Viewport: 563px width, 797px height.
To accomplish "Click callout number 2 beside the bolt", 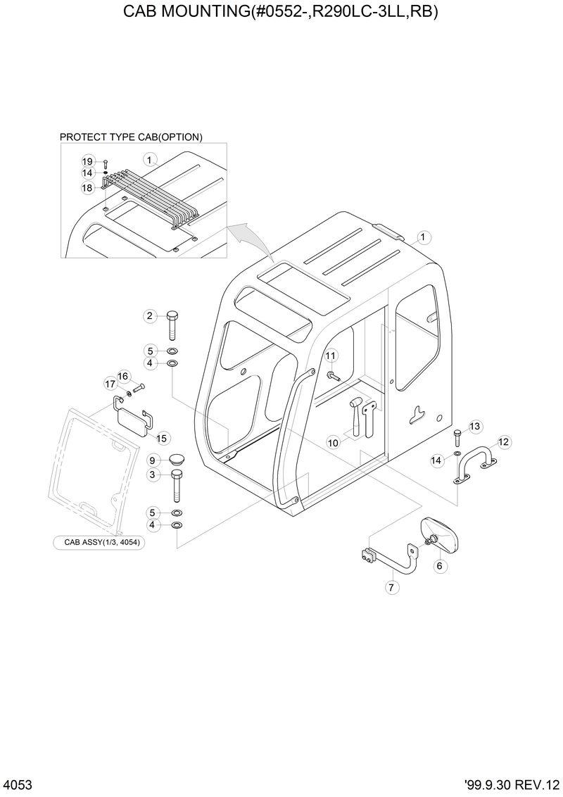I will [x=150, y=316].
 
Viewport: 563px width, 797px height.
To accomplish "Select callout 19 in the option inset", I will [x=87, y=161].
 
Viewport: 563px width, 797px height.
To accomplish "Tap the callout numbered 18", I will [x=87, y=188].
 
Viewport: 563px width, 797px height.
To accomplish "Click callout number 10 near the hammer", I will [x=333, y=442].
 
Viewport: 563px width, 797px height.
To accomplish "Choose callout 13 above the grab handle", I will [x=474, y=426].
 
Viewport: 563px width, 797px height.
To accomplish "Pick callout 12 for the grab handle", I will [x=503, y=442].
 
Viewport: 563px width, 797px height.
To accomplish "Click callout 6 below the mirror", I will [x=440, y=565].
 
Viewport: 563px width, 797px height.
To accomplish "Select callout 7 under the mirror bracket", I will [x=393, y=586].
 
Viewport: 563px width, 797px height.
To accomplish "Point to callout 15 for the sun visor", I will [x=162, y=438].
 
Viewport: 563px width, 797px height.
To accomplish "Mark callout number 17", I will [x=110, y=384].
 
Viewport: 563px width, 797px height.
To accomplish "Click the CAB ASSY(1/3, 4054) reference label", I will [x=99, y=543].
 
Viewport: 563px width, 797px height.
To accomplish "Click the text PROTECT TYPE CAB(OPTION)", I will [x=131, y=137].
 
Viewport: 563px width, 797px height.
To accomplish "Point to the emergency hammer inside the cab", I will [x=357, y=416].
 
